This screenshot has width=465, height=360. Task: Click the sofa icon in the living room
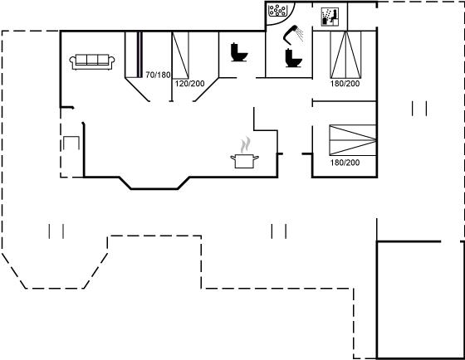[x=92, y=61]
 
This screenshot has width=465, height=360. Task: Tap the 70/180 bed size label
[x=158, y=75]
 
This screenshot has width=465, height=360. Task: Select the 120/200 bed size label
[x=189, y=84]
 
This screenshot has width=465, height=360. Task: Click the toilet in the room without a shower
[x=239, y=52]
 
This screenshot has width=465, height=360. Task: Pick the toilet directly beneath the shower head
[x=294, y=58]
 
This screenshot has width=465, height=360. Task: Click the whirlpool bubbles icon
[x=277, y=11]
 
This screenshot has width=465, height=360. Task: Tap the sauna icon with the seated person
[x=330, y=17]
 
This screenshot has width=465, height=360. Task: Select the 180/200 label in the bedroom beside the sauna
[x=345, y=84]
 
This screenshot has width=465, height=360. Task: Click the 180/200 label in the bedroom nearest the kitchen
[x=345, y=163]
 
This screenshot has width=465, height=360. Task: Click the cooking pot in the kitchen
[x=244, y=161]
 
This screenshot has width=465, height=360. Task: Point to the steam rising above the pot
[x=246, y=144]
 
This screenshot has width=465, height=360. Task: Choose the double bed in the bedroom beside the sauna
[x=345, y=55]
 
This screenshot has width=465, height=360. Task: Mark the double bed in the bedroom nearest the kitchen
[x=353, y=140]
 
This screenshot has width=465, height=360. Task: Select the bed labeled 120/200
[x=181, y=55]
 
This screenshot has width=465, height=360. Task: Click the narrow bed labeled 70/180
[x=134, y=55]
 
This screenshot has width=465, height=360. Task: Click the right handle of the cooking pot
[x=256, y=158]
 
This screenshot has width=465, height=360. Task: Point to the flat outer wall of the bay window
[x=154, y=189]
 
